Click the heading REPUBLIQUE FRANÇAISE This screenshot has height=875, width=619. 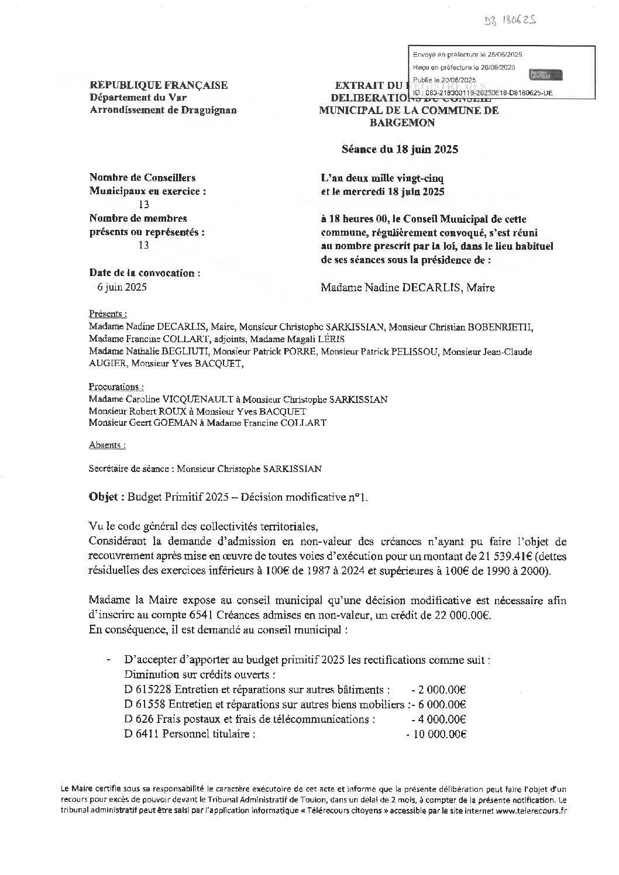[159, 85]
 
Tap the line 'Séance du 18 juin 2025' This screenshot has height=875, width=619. [400, 149]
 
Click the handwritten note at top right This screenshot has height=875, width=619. [510, 22]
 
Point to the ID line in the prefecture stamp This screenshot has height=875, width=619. [483, 93]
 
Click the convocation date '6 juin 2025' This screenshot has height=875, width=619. [122, 287]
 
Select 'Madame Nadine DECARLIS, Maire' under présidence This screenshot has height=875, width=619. [408, 287]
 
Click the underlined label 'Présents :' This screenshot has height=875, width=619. [108, 313]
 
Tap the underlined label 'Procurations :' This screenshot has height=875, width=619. [116, 387]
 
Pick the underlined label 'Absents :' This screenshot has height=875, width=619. [107, 445]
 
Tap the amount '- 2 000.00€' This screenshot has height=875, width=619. [439, 690]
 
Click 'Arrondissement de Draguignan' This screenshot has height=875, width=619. [163, 110]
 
